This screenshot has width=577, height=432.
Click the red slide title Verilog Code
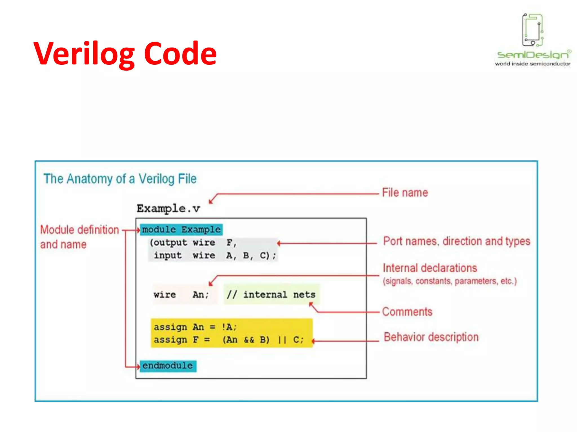pyautogui.click(x=125, y=53)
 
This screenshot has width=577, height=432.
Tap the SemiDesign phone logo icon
pyautogui.click(x=532, y=30)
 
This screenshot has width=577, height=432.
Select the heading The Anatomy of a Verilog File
pyautogui.click(x=120, y=179)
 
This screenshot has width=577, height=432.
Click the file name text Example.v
pyautogui.click(x=168, y=209)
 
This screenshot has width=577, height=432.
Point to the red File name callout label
pyautogui.click(x=405, y=193)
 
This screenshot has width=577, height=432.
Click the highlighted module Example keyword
pyautogui.click(x=181, y=229)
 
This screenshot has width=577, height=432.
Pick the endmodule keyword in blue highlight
pyautogui.click(x=168, y=366)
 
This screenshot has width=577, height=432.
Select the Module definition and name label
pyautogui.click(x=79, y=237)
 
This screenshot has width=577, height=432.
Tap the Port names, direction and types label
pyautogui.click(x=456, y=241)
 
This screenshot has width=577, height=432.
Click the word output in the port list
pyautogui.click(x=170, y=242)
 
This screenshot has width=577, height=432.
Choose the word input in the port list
pyautogui.click(x=168, y=255)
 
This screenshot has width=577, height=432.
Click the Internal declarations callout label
pyautogui.click(x=430, y=268)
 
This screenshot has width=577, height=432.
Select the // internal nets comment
pyautogui.click(x=271, y=295)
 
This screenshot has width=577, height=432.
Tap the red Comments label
pyautogui.click(x=407, y=312)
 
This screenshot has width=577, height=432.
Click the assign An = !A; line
pyautogui.click(x=195, y=327)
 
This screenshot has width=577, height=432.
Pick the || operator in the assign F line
pyautogui.click(x=282, y=340)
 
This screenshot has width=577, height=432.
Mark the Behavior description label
pyautogui.click(x=431, y=337)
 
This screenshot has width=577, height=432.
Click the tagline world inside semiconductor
pyautogui.click(x=532, y=64)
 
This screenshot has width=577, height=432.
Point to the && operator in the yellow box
pyautogui.click(x=249, y=340)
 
